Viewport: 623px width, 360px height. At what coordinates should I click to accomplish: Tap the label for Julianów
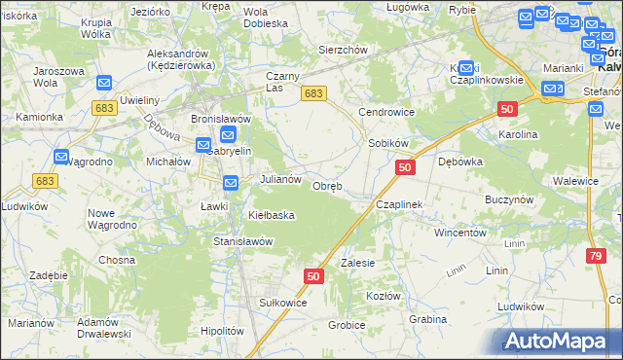pyautogui.click(x=282, y=180)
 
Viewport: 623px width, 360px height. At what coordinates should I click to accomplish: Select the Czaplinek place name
pyautogui.click(x=399, y=205)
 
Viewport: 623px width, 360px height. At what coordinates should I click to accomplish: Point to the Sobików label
pyautogui.click(x=387, y=143)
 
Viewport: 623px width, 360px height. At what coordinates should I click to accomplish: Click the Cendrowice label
pyautogui.click(x=386, y=112)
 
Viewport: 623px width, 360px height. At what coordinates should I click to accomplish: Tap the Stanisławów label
pyautogui.click(x=242, y=240)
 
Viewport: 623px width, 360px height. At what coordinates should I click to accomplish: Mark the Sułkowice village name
pyautogui.click(x=282, y=303)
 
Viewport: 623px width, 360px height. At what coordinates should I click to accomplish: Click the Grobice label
pyautogui.click(x=347, y=325)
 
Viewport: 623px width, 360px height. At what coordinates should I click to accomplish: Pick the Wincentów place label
pyautogui.click(x=459, y=234)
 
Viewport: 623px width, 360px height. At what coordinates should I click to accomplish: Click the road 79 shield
pyautogui.click(x=595, y=256)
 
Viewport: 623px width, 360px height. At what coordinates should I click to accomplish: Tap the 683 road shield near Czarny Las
pyautogui.click(x=312, y=93)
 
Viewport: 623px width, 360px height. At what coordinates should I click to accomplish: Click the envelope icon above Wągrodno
pyautogui.click(x=61, y=157)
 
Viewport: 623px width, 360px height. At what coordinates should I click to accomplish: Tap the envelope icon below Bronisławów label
pyautogui.click(x=228, y=137)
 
